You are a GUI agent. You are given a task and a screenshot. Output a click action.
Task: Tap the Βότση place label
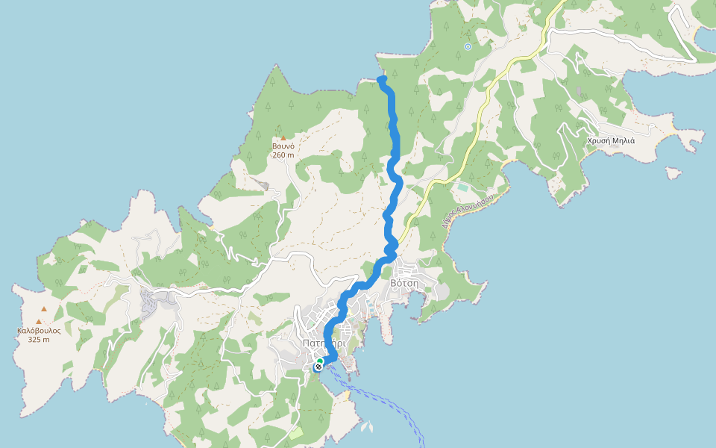404,284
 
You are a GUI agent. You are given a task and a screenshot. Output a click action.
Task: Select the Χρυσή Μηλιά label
610,140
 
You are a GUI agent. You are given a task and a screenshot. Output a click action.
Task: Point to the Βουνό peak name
283,146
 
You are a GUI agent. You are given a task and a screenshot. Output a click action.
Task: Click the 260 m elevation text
283,155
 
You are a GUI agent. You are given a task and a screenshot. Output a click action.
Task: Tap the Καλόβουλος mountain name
39,330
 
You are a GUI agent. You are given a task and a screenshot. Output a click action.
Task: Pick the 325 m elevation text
39,340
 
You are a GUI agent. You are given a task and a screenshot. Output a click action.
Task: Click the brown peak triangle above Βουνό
283,137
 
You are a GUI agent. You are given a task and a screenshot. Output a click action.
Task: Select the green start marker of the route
320,361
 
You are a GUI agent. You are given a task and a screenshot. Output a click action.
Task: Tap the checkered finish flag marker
318,367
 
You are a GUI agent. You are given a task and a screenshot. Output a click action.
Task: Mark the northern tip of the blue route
381,78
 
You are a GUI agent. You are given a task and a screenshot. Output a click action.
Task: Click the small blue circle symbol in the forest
468,46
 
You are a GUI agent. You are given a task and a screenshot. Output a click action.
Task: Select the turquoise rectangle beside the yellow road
464,187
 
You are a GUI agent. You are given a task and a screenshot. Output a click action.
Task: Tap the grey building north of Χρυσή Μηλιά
580,91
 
